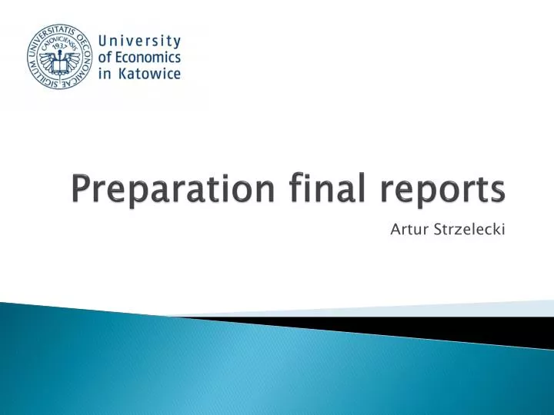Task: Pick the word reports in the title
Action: tap(444, 190)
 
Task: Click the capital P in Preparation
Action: tap(81, 188)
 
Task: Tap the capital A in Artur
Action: tap(396, 228)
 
